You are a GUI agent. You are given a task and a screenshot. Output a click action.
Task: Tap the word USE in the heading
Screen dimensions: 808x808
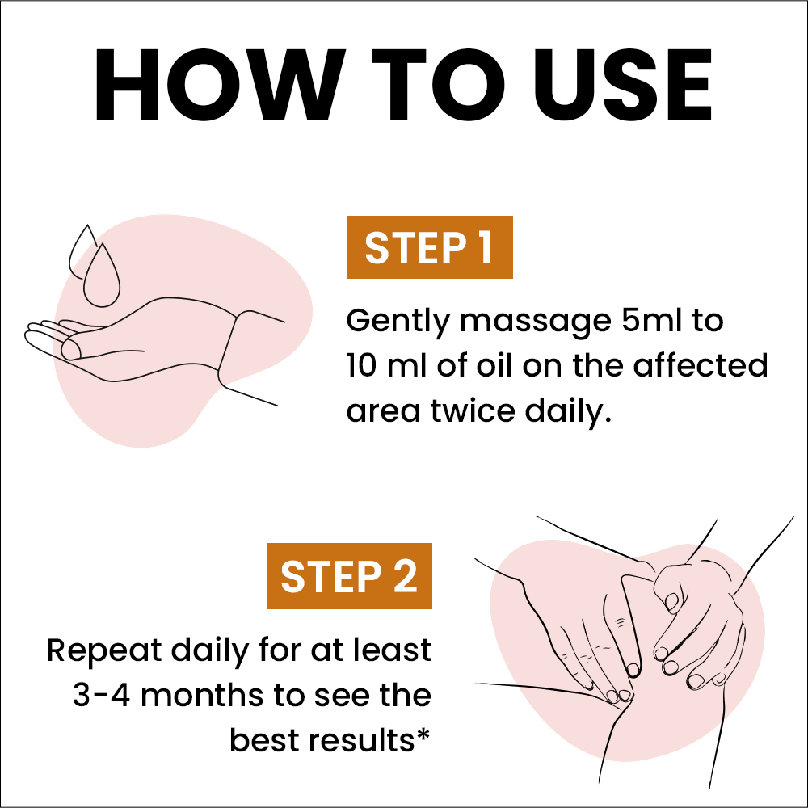pyautogui.click(x=622, y=85)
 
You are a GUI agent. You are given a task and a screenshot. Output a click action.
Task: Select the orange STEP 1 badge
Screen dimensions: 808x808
pyautogui.click(x=430, y=247)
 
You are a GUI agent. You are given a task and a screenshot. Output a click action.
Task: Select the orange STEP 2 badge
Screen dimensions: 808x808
pyautogui.click(x=349, y=575)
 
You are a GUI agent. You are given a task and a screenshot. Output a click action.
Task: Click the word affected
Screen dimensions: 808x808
pyautogui.click(x=701, y=365)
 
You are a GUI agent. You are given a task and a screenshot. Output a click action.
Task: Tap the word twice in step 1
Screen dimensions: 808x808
pyautogui.click(x=473, y=410)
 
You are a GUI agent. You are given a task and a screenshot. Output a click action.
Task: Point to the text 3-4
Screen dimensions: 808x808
pyautogui.click(x=101, y=695)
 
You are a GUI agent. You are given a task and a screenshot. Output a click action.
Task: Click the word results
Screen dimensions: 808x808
pyautogui.click(x=361, y=740)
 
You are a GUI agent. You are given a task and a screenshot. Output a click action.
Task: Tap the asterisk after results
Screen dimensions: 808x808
pyautogui.click(x=423, y=734)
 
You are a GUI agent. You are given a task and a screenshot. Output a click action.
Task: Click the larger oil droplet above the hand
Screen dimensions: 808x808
pyautogui.click(x=102, y=276)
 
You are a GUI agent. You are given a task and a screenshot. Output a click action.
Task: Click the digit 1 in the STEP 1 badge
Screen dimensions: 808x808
pyautogui.click(x=485, y=248)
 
